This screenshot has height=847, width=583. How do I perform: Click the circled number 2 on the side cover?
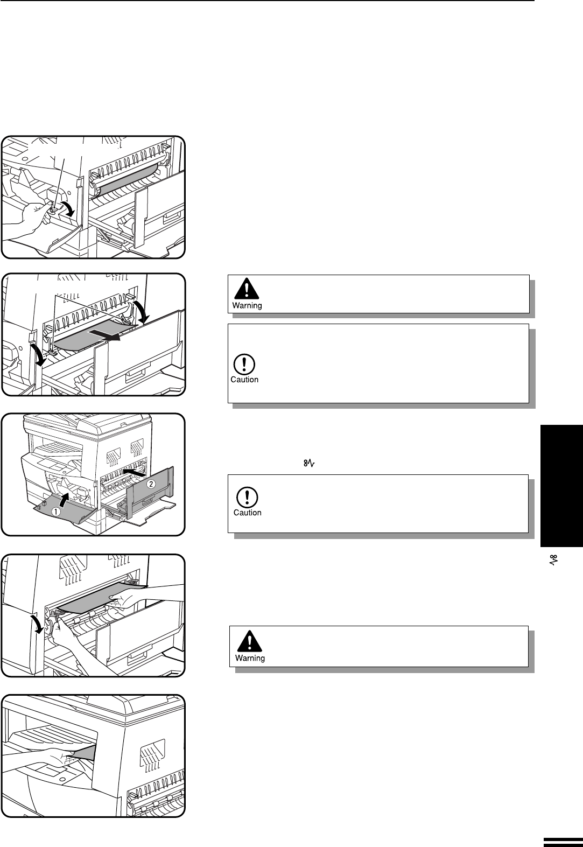tap(151, 484)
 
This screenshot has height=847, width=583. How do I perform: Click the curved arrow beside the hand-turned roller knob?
tap(67, 209)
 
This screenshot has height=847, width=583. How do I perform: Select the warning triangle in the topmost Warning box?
tap(246, 291)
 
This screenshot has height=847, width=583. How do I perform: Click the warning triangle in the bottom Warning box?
tap(249, 641)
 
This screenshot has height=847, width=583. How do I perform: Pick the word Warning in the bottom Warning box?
tap(250, 658)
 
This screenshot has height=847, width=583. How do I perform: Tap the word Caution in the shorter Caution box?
tap(247, 513)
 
